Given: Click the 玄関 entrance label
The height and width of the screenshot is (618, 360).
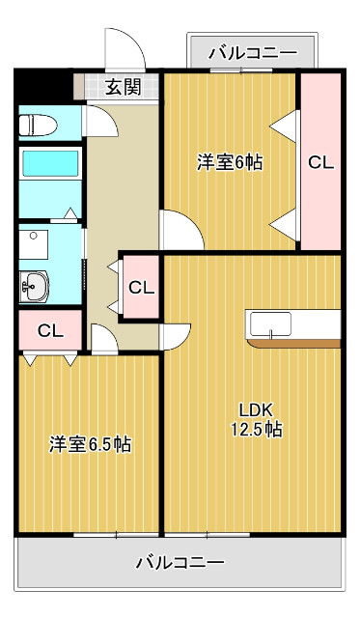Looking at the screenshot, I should (123, 87).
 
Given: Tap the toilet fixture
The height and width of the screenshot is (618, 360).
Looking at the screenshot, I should (40, 124).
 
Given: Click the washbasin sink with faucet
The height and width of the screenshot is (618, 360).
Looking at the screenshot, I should (38, 284).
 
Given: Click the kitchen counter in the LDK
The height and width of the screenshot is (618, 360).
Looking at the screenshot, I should (293, 327).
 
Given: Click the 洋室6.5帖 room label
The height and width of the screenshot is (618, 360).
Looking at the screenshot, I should (90, 445).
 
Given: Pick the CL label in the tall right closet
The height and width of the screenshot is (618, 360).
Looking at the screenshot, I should (320, 162).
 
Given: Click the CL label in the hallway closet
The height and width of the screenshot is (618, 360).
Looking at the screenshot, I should (141, 287).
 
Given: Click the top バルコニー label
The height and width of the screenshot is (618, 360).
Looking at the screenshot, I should (253, 51).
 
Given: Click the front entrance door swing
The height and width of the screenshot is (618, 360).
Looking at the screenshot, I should (120, 48).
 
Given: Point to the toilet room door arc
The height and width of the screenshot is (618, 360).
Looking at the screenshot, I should (100, 122).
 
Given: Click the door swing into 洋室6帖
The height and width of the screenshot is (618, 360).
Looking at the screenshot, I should (181, 232).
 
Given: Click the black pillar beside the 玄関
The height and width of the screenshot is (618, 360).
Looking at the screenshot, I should (44, 85).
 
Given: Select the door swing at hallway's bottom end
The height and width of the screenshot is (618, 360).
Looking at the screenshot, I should (104, 338).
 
